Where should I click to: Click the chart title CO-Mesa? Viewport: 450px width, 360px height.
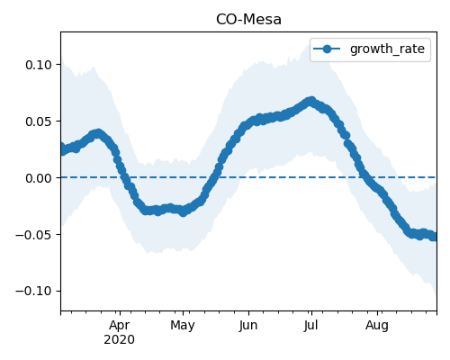248,20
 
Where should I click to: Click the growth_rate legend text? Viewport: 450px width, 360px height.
387,49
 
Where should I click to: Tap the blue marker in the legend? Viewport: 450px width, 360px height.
327,49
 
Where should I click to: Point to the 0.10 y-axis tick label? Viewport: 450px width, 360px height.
39,65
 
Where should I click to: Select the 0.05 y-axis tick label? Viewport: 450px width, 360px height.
39,121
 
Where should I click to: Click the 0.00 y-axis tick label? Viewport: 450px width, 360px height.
39,178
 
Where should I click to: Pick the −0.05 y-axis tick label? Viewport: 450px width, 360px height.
34,235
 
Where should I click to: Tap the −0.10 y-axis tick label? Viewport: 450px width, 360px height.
34,292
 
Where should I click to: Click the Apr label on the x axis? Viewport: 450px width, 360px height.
120,326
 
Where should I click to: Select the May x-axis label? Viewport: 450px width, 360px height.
183,326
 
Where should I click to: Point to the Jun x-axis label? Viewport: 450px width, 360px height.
248,326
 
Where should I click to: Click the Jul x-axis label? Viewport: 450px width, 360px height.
310,326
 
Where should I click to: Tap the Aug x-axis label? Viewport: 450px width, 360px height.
377,326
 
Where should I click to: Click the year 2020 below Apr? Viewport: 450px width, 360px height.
119,340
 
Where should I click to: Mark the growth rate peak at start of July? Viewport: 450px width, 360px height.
311,101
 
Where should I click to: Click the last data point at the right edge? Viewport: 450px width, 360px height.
434,237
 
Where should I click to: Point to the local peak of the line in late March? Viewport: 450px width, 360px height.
98,133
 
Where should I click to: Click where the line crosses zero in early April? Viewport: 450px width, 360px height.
123,177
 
